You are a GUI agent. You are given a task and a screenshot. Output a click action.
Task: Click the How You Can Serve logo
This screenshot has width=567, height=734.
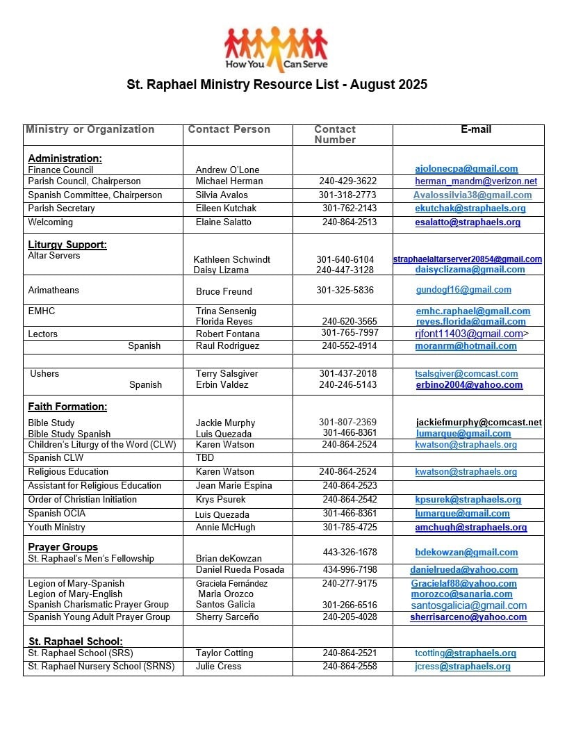pyautogui.click(x=276, y=49)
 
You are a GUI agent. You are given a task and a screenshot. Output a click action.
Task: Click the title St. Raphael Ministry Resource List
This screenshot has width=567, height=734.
pyautogui.click(x=277, y=85)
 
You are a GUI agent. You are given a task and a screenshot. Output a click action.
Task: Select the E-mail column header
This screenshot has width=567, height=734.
pyautogui.click(x=476, y=129)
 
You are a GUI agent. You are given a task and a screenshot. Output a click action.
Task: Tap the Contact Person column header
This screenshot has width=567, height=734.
pyautogui.click(x=229, y=129)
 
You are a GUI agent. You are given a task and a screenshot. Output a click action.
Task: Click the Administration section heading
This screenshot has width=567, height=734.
pyautogui.click(x=65, y=158)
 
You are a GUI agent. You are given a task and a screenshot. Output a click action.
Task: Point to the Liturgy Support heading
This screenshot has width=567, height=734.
pyautogui.click(x=67, y=245)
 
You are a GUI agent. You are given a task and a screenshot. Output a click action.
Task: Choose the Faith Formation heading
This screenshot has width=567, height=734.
pyautogui.click(x=67, y=407)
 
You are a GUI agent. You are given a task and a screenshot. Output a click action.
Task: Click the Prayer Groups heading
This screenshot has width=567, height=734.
pyautogui.click(x=63, y=547)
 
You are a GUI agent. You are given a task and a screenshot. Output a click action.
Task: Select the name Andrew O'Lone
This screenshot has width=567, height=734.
pyautogui.click(x=227, y=170)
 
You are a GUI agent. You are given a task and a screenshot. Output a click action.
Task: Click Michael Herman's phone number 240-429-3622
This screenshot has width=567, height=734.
pyautogui.click(x=348, y=181)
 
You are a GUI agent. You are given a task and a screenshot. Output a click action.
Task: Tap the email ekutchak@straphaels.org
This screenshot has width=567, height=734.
pyautogui.click(x=470, y=209)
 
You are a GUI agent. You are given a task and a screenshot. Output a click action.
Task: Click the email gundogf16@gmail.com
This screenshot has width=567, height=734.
pyautogui.click(x=463, y=290)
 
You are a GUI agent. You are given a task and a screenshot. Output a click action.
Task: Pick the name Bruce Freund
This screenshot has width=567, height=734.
pyautogui.click(x=224, y=291)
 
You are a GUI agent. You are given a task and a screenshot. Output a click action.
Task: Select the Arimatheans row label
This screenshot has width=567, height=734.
pyautogui.click(x=54, y=290)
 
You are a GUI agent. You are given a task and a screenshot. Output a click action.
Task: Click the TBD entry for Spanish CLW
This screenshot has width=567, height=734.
pyautogui.click(x=205, y=458)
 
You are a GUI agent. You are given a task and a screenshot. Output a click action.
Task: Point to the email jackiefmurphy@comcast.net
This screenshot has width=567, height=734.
pyautogui.click(x=479, y=423)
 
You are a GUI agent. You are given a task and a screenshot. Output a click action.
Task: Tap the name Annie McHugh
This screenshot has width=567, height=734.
pyautogui.click(x=225, y=528)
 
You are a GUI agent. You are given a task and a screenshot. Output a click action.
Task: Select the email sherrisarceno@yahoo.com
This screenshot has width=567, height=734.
pyautogui.click(x=468, y=617)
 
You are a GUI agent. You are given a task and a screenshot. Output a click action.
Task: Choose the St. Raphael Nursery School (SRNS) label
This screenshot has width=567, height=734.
pyautogui.click(x=101, y=667)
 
